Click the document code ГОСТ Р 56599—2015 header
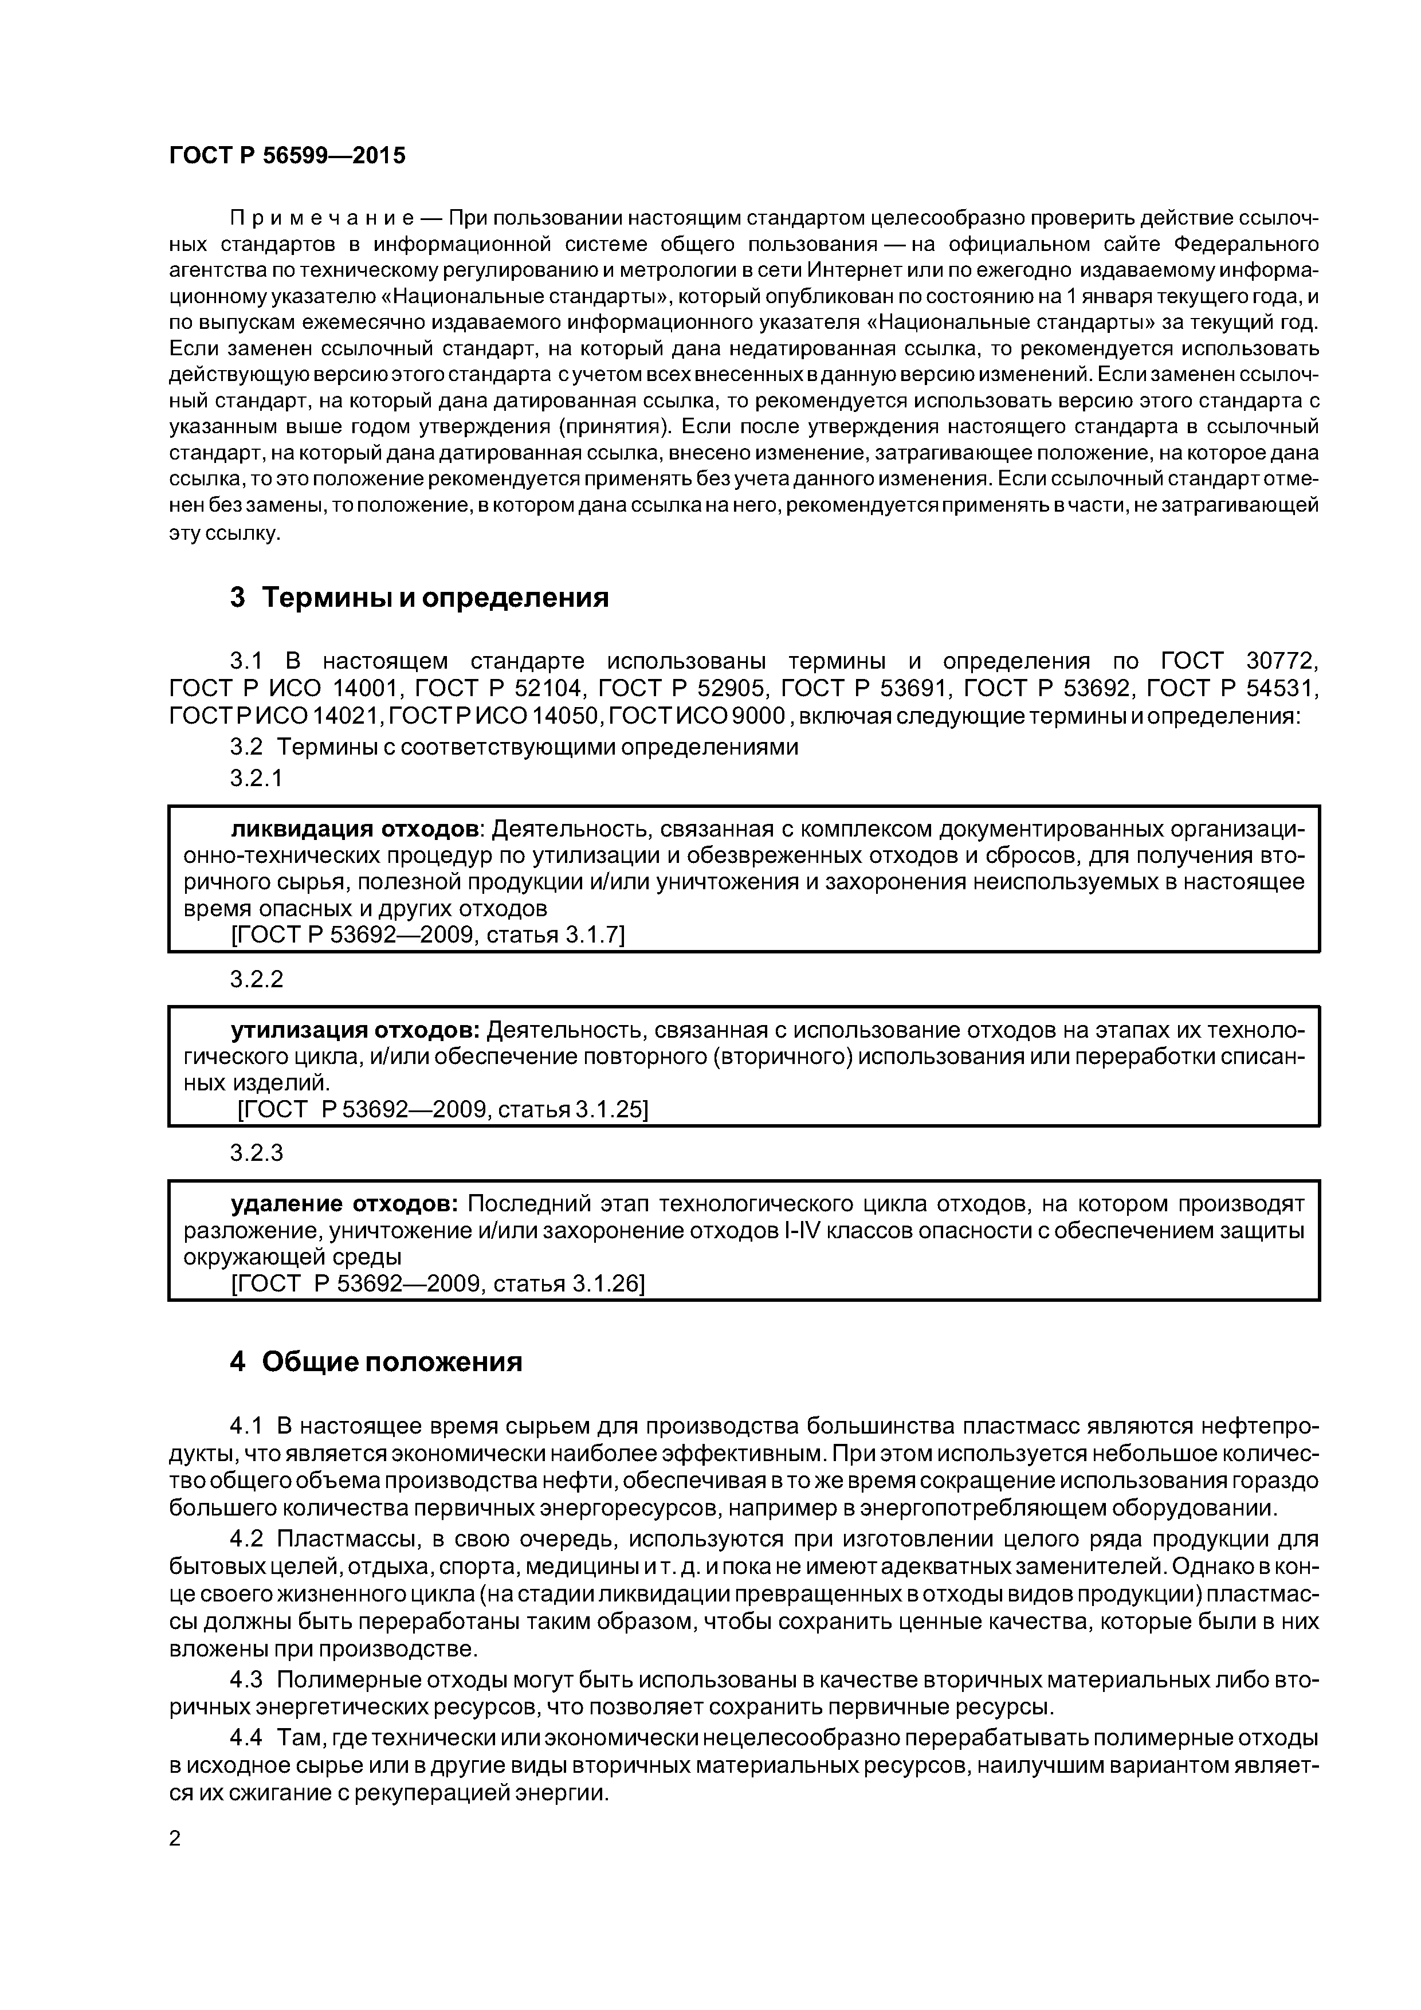point(287,156)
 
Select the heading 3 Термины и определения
point(419,598)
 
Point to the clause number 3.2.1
point(257,778)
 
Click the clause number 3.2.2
point(257,979)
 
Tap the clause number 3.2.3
point(257,1153)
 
